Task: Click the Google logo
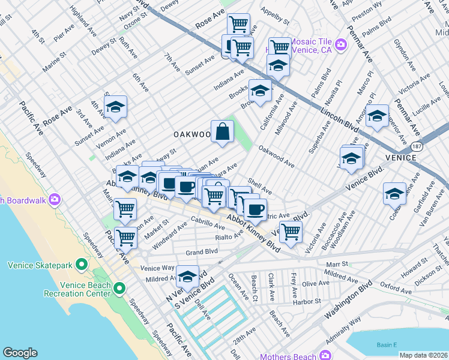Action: [20, 353]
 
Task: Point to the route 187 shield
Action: [416, 146]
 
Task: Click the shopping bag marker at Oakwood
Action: [222, 131]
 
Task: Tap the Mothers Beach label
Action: [288, 356]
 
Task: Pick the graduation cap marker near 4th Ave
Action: [115, 107]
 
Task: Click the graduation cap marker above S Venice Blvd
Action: [187, 277]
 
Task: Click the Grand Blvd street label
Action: [201, 253]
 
